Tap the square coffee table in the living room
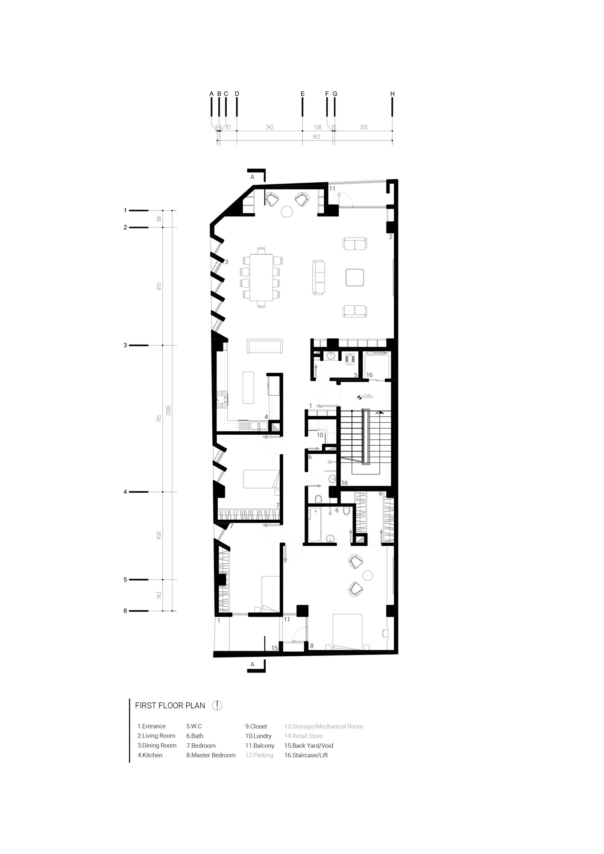(355, 277)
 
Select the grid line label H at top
(392, 94)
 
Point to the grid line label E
(302, 94)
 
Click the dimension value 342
(270, 127)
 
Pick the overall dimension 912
(317, 137)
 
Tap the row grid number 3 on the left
(125, 345)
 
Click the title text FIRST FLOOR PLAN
(170, 706)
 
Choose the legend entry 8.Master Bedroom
(211, 755)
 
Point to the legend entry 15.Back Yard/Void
(309, 746)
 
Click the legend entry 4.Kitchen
(150, 755)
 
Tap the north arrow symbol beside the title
(217, 705)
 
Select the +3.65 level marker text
(367, 396)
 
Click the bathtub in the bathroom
(315, 525)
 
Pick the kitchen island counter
(248, 387)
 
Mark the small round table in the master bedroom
(367, 576)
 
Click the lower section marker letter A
(252, 664)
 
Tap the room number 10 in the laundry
(320, 435)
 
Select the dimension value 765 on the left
(158, 418)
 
